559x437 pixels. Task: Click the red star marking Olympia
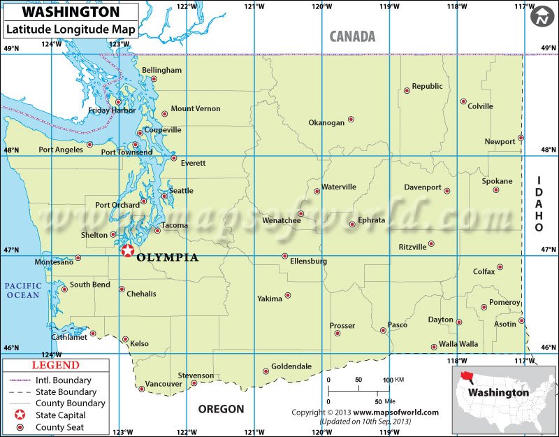click(x=126, y=251)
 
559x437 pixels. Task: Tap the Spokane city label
click(x=497, y=181)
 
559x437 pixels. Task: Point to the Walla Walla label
click(x=458, y=344)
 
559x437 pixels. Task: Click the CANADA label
click(x=352, y=36)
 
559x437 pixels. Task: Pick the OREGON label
click(x=221, y=409)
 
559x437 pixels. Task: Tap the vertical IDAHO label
click(x=539, y=204)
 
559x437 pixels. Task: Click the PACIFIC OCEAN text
click(x=23, y=290)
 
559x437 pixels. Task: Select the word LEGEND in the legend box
click(x=56, y=365)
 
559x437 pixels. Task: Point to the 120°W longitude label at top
click(x=321, y=6)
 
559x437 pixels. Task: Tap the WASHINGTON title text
click(x=61, y=13)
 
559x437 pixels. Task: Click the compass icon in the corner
click(x=542, y=17)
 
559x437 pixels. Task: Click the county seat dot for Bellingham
click(x=154, y=79)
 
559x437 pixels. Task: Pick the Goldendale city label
click(x=291, y=366)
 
